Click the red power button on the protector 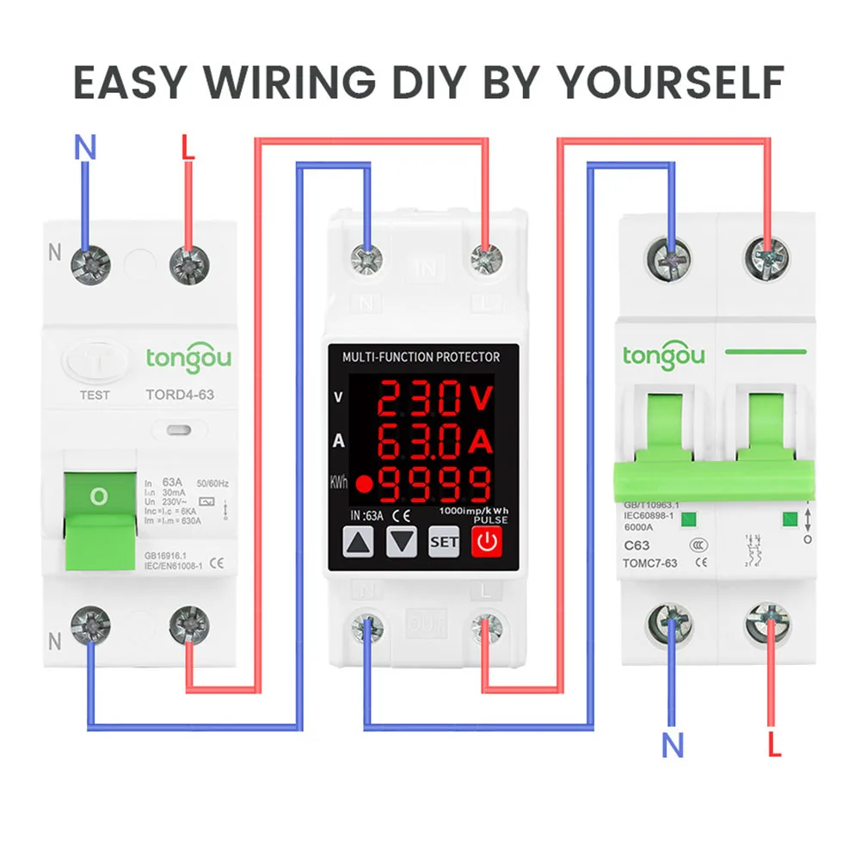[488, 542]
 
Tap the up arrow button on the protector [360, 542]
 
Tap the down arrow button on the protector [402, 542]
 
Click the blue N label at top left [84, 148]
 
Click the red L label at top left [188, 148]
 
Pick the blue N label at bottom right [673, 745]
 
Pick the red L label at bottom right [774, 745]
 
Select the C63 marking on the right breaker [637, 545]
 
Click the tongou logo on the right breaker [664, 354]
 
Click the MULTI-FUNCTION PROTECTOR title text [421, 356]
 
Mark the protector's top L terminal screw [486, 257]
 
